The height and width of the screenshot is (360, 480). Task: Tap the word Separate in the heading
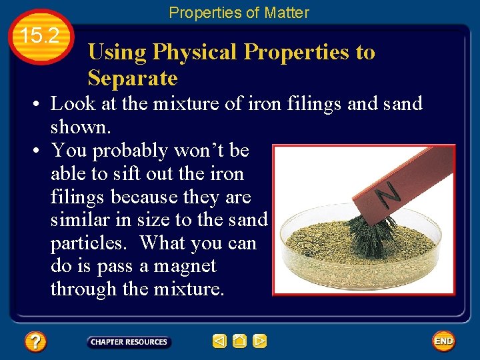click(133, 79)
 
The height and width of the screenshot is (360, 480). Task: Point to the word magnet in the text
click(183, 266)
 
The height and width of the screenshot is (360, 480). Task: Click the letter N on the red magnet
click(388, 194)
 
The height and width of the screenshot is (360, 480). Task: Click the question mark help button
click(35, 342)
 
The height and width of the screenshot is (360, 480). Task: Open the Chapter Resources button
click(129, 342)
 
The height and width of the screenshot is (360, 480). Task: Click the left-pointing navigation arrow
click(219, 341)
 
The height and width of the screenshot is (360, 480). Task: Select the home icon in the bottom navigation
click(240, 341)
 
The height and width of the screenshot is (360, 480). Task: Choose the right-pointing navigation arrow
click(260, 341)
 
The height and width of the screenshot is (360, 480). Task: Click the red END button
click(443, 341)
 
